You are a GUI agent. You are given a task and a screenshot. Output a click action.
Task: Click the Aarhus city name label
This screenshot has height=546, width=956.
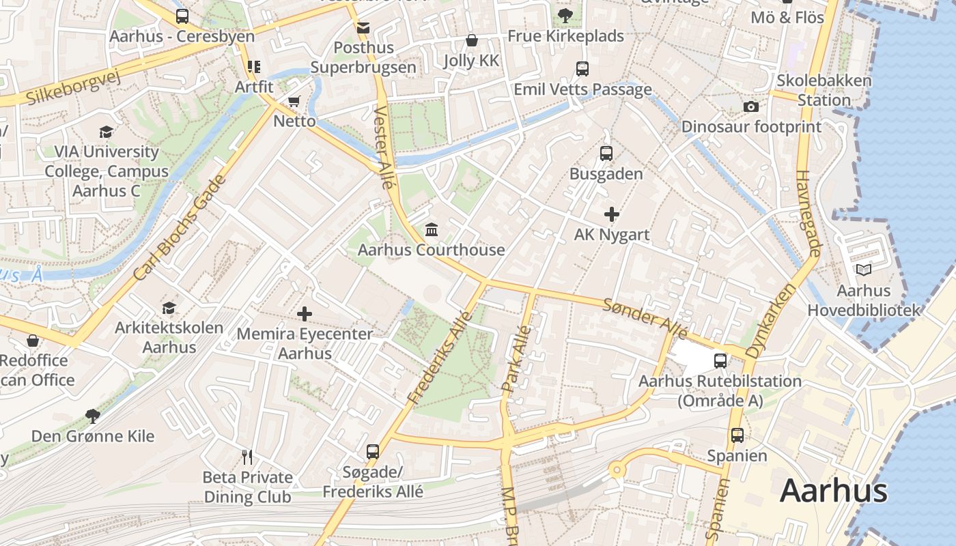click(x=833, y=491)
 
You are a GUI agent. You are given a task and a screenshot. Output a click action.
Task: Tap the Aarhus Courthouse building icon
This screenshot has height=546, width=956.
click(x=432, y=229)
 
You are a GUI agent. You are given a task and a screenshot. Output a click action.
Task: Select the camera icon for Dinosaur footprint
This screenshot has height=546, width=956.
click(x=750, y=106)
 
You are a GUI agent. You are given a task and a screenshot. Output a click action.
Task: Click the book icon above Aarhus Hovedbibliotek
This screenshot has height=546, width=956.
click(x=864, y=270)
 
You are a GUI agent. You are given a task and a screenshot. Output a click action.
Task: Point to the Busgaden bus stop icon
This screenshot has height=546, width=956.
click(x=606, y=154)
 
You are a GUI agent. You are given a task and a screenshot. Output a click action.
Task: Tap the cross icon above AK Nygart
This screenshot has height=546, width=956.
click(x=611, y=214)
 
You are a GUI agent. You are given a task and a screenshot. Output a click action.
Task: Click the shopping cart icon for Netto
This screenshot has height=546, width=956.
click(x=294, y=102)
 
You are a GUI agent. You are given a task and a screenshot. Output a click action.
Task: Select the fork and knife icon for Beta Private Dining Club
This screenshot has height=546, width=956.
click(x=247, y=457)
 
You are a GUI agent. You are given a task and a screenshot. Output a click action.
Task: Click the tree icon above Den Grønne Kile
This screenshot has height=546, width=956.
click(x=92, y=416)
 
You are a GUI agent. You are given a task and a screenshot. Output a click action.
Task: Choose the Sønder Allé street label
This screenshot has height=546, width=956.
click(x=645, y=317)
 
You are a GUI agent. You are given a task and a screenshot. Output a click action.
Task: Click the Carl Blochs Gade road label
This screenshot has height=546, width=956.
click(x=179, y=229)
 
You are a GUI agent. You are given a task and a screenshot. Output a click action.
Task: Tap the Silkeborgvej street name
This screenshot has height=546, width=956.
click(x=73, y=87)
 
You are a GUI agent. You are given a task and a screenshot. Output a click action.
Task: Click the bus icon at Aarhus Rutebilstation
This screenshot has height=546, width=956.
click(x=720, y=360)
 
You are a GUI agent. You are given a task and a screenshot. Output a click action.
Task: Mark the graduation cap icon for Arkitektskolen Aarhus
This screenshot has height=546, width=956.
click(x=169, y=308)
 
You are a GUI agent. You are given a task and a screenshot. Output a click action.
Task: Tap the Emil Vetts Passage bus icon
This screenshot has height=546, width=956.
click(x=582, y=69)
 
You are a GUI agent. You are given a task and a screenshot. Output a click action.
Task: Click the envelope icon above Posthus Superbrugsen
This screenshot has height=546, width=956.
click(x=363, y=28)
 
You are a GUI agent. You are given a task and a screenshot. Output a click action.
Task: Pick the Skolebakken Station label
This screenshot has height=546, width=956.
click(x=824, y=90)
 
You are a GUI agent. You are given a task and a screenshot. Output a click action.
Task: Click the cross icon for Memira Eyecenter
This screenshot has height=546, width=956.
click(x=305, y=314)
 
